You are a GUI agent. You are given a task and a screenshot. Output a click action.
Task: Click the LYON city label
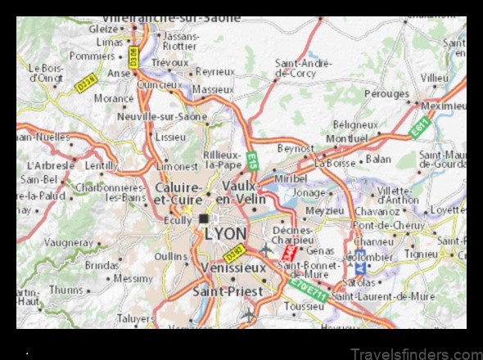point(225,234)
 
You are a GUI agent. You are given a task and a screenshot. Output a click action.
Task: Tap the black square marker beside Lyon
point(204,218)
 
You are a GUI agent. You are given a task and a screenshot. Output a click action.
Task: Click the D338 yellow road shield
point(86,82)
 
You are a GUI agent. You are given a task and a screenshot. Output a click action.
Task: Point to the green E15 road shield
point(252,160)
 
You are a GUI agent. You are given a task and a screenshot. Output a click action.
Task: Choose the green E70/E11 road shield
point(312,290)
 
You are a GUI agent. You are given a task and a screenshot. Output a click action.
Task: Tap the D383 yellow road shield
point(235,252)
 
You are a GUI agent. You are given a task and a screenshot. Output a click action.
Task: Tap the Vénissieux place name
point(232,268)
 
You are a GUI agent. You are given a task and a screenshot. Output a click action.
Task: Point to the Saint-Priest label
point(228,290)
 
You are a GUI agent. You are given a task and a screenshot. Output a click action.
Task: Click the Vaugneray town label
point(68,243)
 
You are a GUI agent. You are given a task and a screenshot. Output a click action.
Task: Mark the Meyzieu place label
point(324,210)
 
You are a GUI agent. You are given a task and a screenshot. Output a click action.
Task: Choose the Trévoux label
point(169,62)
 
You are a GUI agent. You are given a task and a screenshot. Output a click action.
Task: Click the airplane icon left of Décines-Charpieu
point(266,249)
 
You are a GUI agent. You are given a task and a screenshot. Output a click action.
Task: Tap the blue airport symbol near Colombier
point(360,268)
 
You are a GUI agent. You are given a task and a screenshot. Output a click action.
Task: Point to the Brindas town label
point(102,265)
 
